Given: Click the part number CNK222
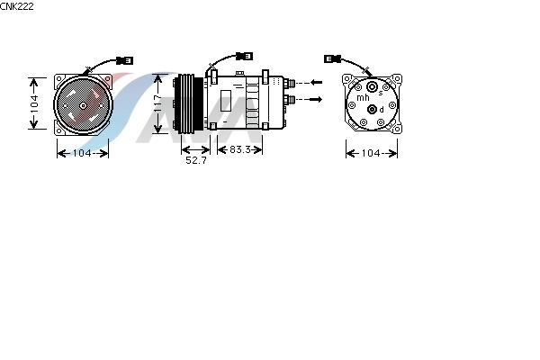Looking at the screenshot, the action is point(17,6).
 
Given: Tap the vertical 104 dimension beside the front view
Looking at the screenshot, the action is point(34,103).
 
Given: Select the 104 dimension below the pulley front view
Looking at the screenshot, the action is point(82,153).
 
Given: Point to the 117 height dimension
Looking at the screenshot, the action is point(157,103).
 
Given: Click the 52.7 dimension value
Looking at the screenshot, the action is point(196,160).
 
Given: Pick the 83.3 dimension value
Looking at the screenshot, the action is point(240,149).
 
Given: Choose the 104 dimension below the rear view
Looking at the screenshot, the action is point(371,153).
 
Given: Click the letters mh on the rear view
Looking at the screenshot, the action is point(363,97).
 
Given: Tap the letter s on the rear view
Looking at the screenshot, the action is point(381,93).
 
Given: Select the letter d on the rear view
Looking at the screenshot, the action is point(382,110).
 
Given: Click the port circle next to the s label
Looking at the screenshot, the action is point(372,86).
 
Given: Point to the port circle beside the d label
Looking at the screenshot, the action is point(372,110).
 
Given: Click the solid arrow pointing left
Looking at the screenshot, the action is point(316,82).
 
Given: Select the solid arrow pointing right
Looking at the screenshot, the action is point(316,99).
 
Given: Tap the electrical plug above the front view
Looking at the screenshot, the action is point(124,60).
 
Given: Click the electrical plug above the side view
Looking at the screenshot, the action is point(244,56).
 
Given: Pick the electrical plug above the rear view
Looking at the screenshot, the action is point(332,58).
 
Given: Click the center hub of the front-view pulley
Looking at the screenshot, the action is point(83,105).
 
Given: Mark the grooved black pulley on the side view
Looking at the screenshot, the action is point(189,103).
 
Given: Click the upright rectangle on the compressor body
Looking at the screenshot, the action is point(226,101).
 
